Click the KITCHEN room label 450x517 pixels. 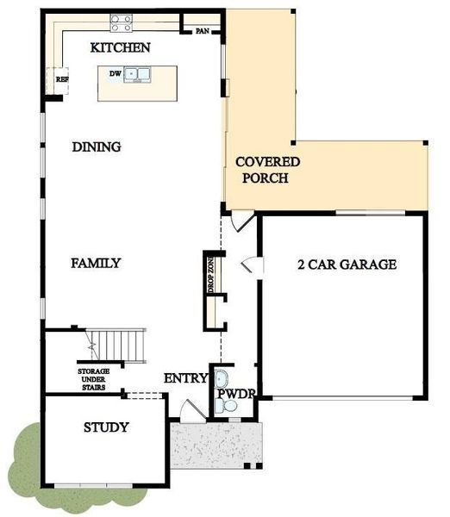pos(121,48)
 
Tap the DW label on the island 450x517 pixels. pos(114,74)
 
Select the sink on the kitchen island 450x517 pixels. pos(135,75)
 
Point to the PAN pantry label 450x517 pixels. pos(203,31)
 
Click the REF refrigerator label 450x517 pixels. pos(62,79)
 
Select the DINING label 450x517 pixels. pos(96,147)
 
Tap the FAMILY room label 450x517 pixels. pos(95,264)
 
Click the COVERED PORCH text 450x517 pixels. pos(267,171)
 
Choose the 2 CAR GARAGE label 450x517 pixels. pos(347,265)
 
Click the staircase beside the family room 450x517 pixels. pos(120,345)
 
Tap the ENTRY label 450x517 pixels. pos(185,377)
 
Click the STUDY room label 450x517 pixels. pos(106,427)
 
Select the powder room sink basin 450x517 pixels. pos(221,377)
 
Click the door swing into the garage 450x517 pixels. pos(248,264)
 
